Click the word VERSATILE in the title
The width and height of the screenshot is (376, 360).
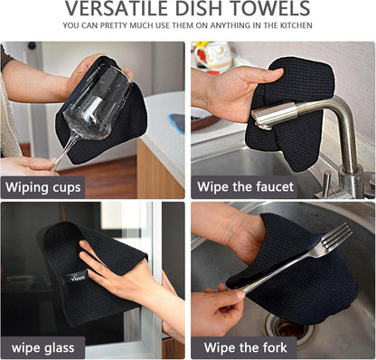[x=117, y=8]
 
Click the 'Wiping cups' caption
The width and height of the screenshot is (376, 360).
[x=43, y=187]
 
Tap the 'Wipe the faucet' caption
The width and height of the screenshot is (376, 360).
[x=245, y=186]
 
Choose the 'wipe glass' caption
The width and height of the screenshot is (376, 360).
[x=43, y=347]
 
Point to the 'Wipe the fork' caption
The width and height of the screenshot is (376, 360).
[x=245, y=347]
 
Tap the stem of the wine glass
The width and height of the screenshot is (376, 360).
[x=64, y=154]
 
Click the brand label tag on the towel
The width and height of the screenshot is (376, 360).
[x=76, y=276]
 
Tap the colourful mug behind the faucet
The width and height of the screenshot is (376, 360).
[x=213, y=56]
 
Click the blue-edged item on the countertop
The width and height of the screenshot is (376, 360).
[x=177, y=123]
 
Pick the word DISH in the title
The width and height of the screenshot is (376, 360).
[x=201, y=8]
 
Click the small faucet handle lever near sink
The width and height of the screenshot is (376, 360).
[x=327, y=184]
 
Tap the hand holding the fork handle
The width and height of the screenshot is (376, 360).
[x=218, y=308]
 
